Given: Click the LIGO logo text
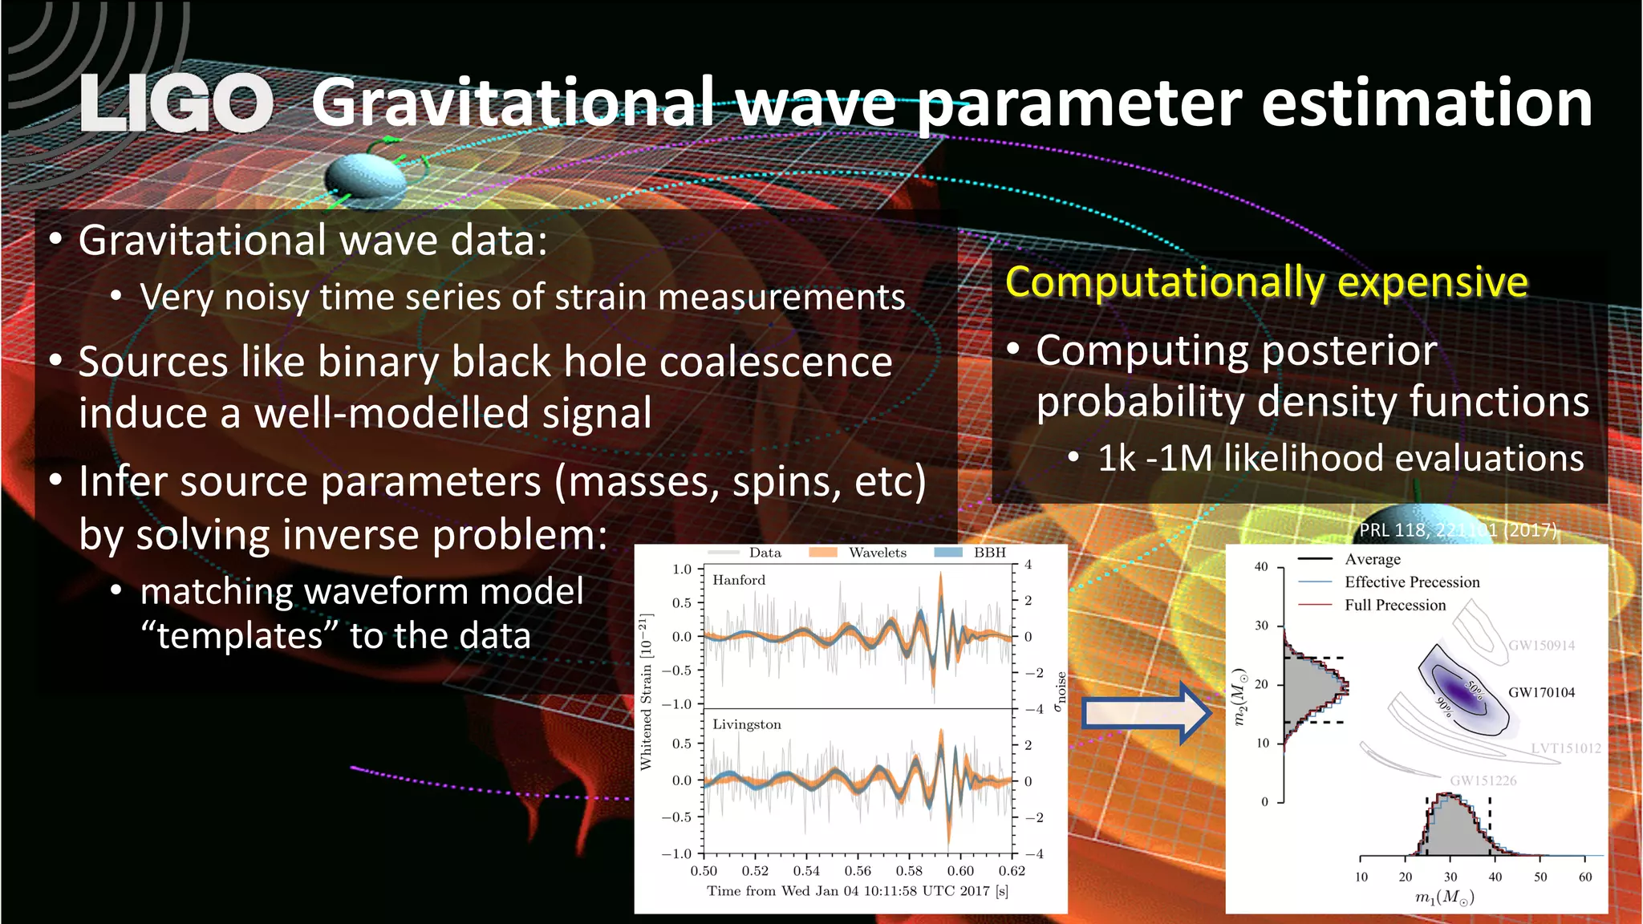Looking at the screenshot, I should (176, 103).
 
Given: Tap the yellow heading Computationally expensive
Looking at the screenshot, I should (1266, 282).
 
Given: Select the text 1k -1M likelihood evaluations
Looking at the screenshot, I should (1340, 459).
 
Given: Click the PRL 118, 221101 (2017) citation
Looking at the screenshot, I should (1458, 530).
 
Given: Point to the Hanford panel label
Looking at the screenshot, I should (739, 580).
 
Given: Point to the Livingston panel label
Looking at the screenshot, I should (746, 724).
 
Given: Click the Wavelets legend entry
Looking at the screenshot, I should (877, 553).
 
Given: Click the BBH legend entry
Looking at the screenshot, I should (989, 553).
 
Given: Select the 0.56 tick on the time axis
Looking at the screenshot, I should (858, 871).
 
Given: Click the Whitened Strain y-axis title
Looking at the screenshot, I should (647, 691).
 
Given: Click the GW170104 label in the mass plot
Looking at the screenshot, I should (1541, 692).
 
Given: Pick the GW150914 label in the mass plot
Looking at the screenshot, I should (1541, 646).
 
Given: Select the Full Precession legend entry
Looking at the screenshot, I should (1395, 606).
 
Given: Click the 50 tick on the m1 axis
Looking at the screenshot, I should (1540, 877).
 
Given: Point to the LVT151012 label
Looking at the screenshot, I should (1565, 748).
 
